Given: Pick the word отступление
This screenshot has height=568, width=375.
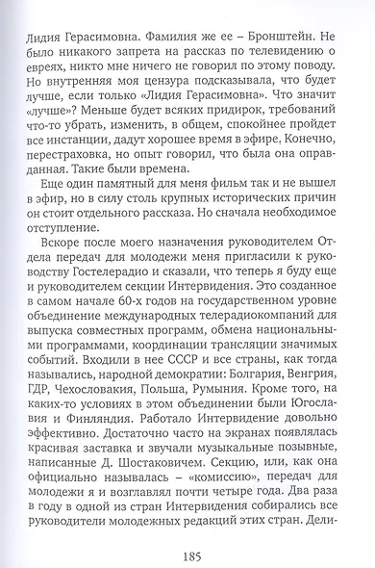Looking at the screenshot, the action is tap(72, 255).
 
